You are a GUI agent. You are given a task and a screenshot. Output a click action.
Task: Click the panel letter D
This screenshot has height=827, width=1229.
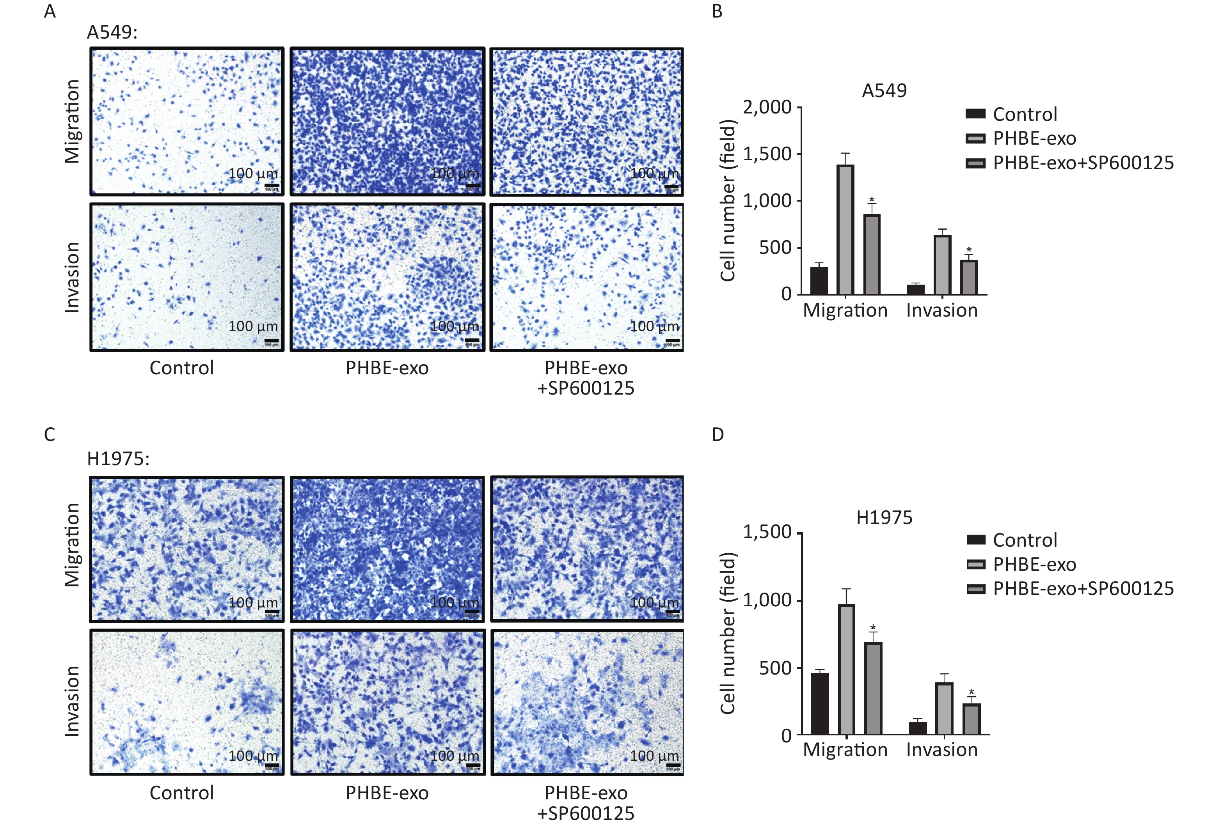[717, 435]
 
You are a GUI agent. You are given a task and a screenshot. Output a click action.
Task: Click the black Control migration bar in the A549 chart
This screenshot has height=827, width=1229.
[819, 281]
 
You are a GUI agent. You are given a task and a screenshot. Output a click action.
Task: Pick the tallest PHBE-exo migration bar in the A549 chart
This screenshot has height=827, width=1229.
[845, 229]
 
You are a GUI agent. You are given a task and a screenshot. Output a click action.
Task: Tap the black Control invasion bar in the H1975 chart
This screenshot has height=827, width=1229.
[918, 728]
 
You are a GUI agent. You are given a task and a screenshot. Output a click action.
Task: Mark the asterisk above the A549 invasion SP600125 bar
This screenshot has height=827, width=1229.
[969, 250]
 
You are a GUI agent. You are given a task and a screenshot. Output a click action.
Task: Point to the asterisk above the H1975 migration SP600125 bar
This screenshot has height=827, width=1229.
[873, 627]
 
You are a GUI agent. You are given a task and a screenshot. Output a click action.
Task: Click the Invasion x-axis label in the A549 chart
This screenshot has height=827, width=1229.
[942, 310]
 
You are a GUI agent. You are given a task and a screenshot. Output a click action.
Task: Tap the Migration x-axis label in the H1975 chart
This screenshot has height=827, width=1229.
[845, 749]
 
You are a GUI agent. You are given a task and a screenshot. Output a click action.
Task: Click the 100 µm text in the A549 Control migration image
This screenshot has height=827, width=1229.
[253, 174]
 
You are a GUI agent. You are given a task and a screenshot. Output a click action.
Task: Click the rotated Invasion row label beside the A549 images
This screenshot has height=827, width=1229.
[72, 278]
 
